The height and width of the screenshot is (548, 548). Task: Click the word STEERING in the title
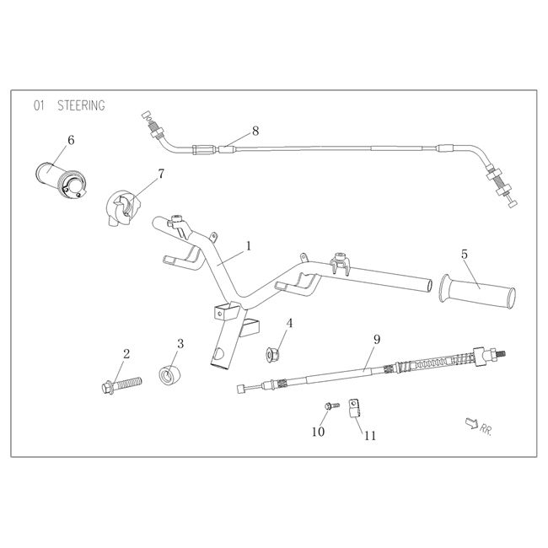tap(81, 105)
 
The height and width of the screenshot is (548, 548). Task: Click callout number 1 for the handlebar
tap(249, 246)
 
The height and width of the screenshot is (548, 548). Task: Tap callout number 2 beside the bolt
tap(126, 353)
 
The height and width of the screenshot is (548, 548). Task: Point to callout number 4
tap(289, 323)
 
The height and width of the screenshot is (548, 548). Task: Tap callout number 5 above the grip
tap(464, 253)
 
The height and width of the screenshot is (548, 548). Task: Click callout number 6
tap(71, 140)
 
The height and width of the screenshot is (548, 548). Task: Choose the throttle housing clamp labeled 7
tap(122, 208)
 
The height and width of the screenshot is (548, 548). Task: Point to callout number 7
tap(160, 175)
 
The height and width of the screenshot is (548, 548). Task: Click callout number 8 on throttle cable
tap(255, 132)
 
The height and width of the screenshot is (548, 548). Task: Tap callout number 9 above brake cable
tap(376, 340)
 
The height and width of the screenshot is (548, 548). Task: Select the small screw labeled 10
tap(330, 407)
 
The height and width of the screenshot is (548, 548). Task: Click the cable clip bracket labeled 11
tap(356, 408)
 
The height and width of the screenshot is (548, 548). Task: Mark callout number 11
tap(370, 435)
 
